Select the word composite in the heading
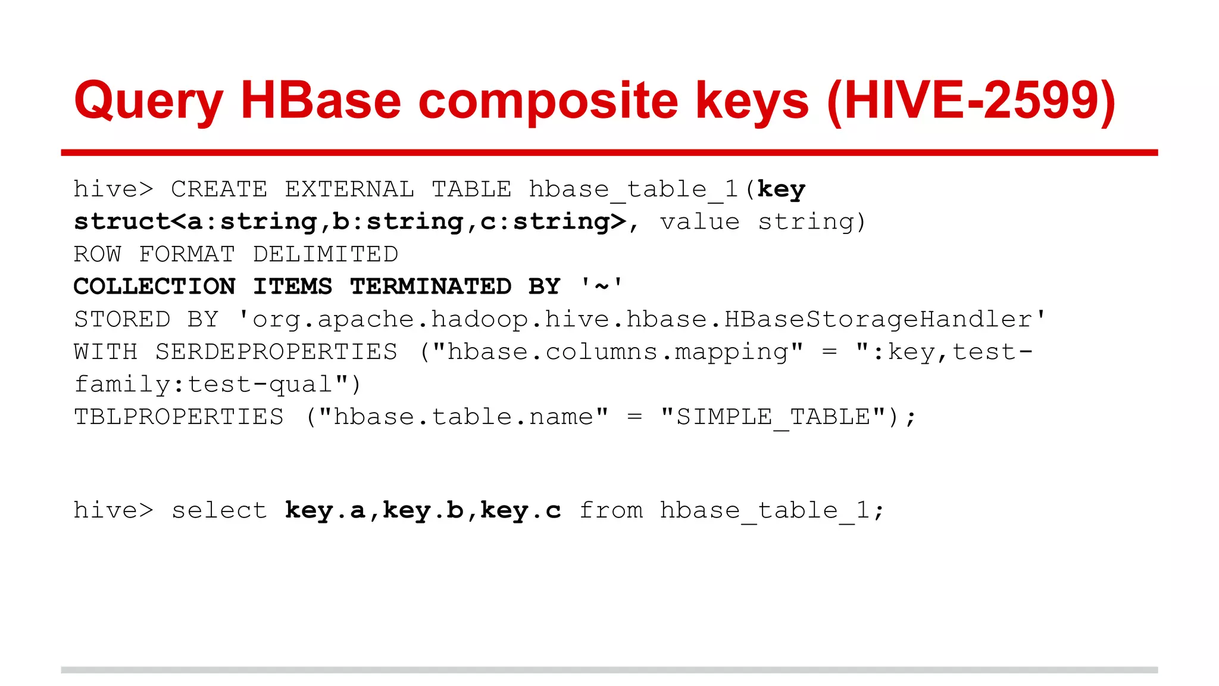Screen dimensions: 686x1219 coord(548,101)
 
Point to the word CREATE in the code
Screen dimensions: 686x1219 coord(219,189)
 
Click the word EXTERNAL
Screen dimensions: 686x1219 coord(349,189)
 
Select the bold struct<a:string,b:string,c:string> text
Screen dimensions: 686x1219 coord(350,222)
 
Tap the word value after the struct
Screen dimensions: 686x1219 coord(699,222)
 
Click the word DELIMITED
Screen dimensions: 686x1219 coord(326,254)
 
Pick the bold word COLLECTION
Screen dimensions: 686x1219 coord(155,287)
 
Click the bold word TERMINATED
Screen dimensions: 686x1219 coord(430,287)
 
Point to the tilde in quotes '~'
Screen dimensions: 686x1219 coord(602,287)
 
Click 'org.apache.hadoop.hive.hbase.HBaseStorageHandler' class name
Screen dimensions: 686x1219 coord(642,320)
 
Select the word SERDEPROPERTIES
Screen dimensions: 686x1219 coord(277,352)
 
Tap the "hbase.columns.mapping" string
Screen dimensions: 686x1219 coord(618,352)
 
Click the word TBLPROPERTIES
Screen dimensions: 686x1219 coord(179,417)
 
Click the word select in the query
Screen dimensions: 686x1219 coord(219,511)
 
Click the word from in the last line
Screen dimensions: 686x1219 coord(611,511)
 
